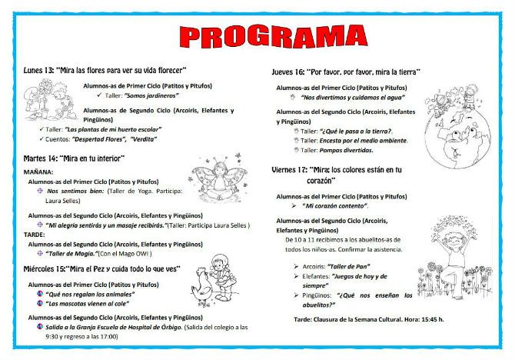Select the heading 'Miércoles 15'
[x=48, y=268]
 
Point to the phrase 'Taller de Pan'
[x=354, y=265]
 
